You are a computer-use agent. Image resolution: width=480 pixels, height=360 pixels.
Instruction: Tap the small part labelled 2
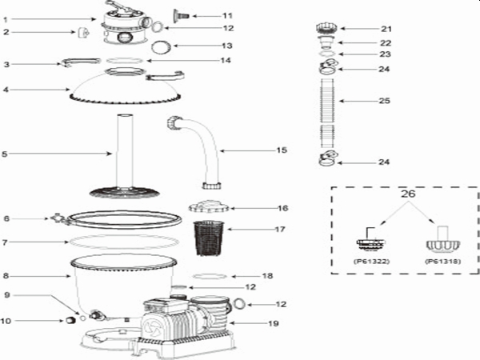[x=82, y=33]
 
